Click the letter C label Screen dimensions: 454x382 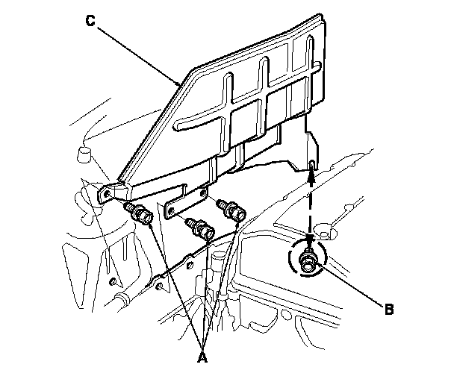tap(90, 21)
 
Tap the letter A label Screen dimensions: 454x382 tap(202, 357)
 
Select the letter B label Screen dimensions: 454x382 tap(389, 310)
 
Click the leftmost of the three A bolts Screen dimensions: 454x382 tap(138, 213)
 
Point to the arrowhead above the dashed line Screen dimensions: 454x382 tap(311, 175)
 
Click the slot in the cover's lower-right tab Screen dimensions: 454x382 tap(311, 164)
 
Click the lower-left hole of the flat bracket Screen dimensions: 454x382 tap(171, 210)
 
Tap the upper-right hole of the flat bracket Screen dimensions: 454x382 tap(203, 192)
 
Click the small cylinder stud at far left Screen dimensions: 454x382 tap(84, 154)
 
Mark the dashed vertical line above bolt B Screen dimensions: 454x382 tap(311, 209)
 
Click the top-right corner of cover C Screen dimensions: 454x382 tap(321, 14)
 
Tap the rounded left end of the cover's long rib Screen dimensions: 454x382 tap(176, 125)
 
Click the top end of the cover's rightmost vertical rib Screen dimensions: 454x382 tap(310, 37)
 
